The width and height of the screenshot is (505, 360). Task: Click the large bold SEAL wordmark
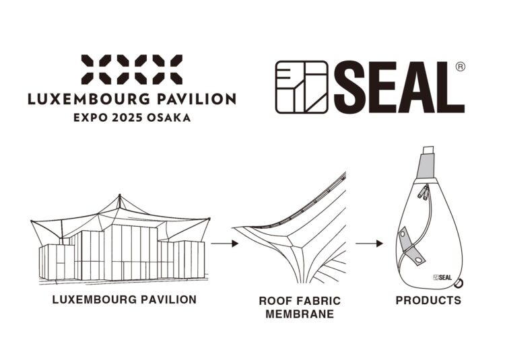[x=399, y=87]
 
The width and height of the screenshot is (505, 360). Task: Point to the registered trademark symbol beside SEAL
[x=461, y=67]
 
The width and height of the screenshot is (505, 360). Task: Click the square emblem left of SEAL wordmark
[x=302, y=87]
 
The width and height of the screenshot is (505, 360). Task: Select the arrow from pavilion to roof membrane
[x=225, y=243]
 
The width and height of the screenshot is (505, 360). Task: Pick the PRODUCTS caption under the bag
[x=428, y=300]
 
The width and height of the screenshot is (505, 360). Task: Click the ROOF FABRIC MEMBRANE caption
[x=300, y=307]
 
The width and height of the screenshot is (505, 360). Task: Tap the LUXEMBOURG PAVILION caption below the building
[x=125, y=299]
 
